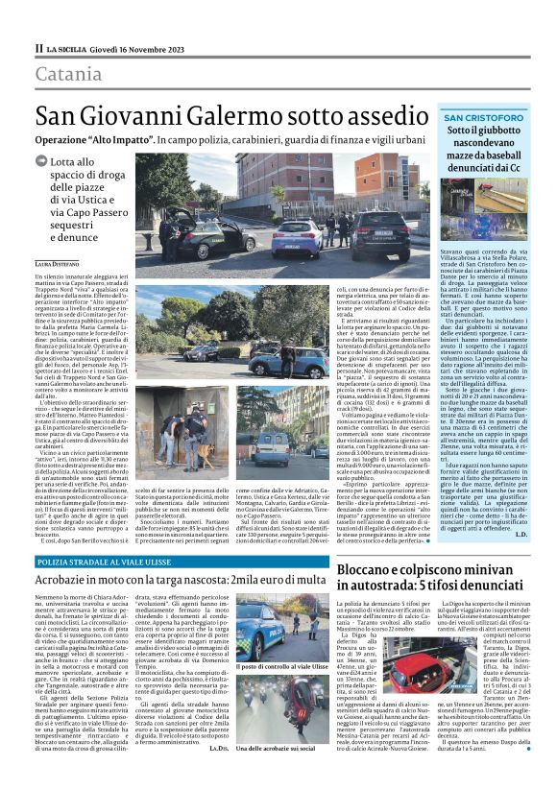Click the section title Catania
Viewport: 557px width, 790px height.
70,73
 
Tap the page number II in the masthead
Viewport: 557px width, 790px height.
39,47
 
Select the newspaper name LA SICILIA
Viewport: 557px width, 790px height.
71,47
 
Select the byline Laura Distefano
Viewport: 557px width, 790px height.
60,261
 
